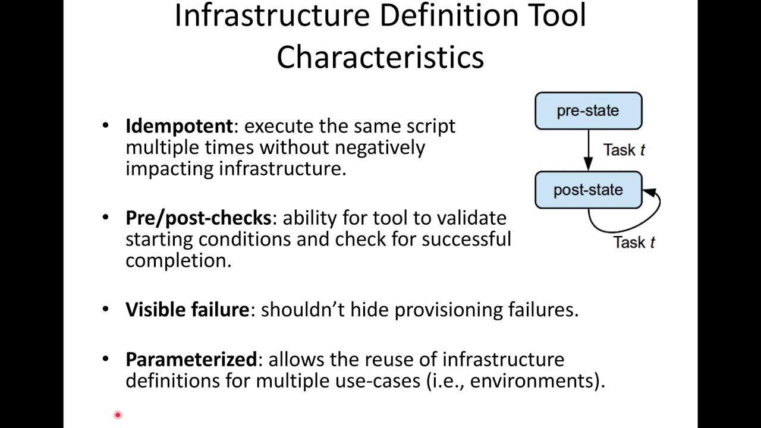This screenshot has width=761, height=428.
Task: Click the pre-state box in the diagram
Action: [588, 111]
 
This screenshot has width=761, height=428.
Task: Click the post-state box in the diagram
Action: [588, 190]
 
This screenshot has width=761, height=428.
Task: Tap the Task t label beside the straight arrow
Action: [624, 150]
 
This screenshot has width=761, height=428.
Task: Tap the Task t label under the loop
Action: [634, 242]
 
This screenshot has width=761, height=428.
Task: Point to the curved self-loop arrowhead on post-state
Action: [649, 192]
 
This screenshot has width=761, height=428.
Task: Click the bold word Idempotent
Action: [179, 126]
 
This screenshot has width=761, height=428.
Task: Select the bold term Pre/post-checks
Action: [198, 218]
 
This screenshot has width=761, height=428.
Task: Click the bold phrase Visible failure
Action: [187, 310]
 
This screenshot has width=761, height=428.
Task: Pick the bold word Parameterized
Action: [191, 359]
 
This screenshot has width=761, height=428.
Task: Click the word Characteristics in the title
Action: [380, 57]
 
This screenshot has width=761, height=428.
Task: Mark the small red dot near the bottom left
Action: [118, 415]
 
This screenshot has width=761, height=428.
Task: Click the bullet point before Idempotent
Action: [106, 126]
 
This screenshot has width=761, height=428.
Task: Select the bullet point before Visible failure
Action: [106, 310]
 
